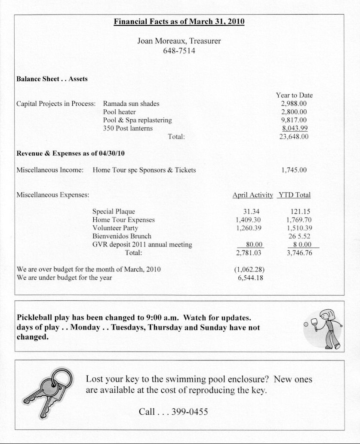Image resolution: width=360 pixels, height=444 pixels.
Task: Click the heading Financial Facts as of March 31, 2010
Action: (179, 22)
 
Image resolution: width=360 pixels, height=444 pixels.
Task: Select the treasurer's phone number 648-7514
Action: (179, 51)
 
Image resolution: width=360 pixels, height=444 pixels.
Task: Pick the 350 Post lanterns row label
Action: (128, 128)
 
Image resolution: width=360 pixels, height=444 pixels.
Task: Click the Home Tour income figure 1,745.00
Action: (294, 170)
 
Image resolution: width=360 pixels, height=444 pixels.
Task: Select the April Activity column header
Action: (252, 195)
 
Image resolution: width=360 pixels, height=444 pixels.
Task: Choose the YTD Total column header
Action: (294, 195)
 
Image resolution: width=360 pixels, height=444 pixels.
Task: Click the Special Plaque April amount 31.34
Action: (252, 212)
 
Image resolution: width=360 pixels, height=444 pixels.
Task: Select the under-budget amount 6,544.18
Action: (251, 278)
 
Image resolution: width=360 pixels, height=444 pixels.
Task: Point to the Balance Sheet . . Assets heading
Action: (52, 79)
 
